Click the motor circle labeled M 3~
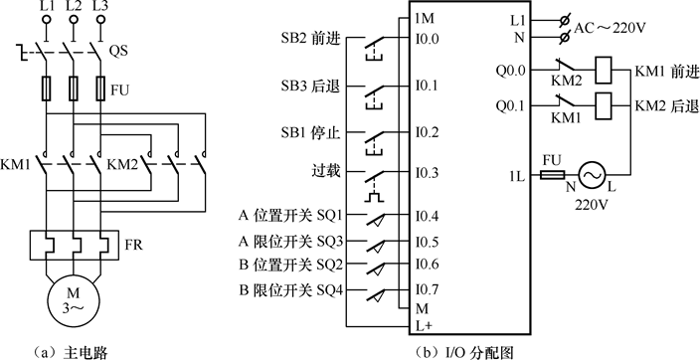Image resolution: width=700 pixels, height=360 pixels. pos(73,299)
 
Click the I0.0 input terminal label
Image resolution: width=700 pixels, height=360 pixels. pos(428,40)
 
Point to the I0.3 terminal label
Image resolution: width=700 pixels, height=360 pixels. pos(428,173)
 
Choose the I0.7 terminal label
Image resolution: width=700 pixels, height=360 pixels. pos(428,289)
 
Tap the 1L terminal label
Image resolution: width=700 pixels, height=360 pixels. pos(515,176)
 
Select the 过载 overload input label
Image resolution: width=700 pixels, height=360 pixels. pos(327,171)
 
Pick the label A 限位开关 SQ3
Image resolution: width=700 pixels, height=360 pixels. pos(290,241)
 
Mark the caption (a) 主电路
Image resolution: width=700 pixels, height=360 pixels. pos(72,349)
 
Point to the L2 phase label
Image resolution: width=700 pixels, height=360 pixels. pos(73,9)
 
